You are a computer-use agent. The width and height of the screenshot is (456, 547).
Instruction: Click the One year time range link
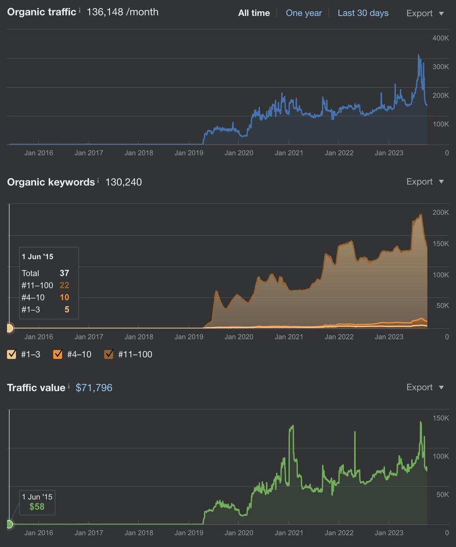point(304,13)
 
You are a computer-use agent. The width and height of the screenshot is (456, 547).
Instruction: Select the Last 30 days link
point(363,13)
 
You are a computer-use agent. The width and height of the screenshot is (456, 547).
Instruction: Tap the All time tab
point(254,13)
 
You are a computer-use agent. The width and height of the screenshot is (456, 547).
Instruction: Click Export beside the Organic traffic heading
point(425,13)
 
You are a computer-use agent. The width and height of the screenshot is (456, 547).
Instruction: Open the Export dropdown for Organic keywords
point(425,181)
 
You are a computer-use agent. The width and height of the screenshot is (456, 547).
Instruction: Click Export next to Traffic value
point(425,387)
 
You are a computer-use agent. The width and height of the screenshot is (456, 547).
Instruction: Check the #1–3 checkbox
point(12,354)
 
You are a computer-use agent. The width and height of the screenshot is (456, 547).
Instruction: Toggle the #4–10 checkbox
point(58,354)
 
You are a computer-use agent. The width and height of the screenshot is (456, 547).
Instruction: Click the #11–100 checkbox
point(109,354)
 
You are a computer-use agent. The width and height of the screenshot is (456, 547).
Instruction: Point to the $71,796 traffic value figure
point(94,388)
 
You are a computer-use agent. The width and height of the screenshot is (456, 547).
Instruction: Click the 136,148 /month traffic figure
point(122,12)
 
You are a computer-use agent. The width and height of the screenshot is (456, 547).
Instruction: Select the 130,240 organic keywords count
point(123,182)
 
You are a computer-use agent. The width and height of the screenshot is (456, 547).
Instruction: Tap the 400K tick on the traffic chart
point(440,38)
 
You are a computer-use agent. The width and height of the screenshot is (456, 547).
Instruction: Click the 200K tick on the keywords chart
point(440,212)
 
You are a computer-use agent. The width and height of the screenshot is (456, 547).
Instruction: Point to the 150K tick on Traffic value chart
point(440,418)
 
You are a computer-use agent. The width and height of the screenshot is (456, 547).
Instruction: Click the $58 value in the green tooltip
point(37,506)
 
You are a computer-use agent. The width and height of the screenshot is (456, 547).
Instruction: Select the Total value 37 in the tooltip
point(64,273)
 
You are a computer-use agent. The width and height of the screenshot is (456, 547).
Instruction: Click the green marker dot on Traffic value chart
point(10,524)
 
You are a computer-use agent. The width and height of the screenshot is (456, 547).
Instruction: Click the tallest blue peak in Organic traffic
point(419,56)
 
